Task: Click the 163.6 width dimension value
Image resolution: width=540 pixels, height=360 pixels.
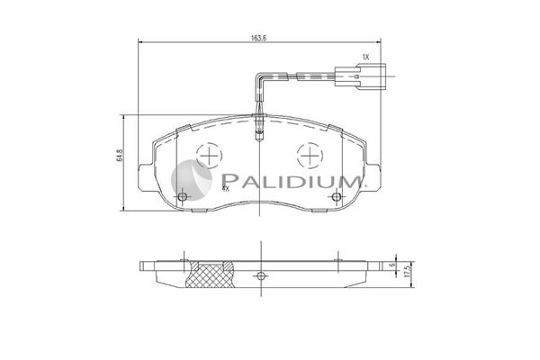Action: [x=259, y=38]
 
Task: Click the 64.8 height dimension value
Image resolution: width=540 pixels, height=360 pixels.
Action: [x=119, y=156]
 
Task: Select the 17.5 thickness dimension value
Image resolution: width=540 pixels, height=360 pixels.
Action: [x=409, y=271]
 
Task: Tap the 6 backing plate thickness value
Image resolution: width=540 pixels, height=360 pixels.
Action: [x=391, y=265]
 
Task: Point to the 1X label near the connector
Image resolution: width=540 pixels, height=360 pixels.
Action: [x=365, y=58]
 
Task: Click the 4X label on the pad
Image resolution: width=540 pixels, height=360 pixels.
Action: [x=226, y=188]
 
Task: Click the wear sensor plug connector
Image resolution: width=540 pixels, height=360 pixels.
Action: [x=361, y=76]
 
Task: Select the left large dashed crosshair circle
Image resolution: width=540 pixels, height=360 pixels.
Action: [x=209, y=155]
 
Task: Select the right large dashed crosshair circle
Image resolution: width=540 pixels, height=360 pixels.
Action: [x=310, y=155]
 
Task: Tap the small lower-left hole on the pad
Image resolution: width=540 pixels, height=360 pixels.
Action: [x=183, y=197]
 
